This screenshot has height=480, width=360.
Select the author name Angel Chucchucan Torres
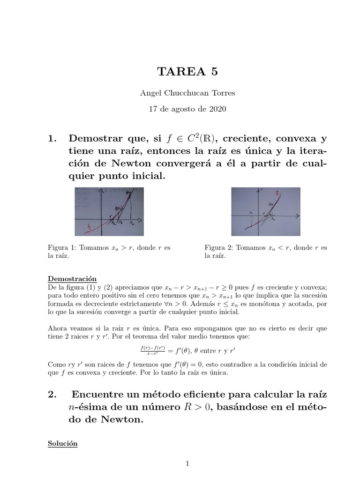pyautogui.click(x=187, y=93)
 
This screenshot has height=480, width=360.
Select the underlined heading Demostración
pyautogui.click(x=72, y=278)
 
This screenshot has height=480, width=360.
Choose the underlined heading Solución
pyautogui.click(x=63, y=443)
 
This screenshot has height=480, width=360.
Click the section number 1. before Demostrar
pyautogui.click(x=52, y=139)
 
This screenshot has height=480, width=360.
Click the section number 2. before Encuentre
pyautogui.click(x=52, y=395)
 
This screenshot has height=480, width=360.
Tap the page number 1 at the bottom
pyautogui.click(x=187, y=464)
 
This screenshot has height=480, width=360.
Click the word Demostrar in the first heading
pyautogui.click(x=92, y=139)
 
